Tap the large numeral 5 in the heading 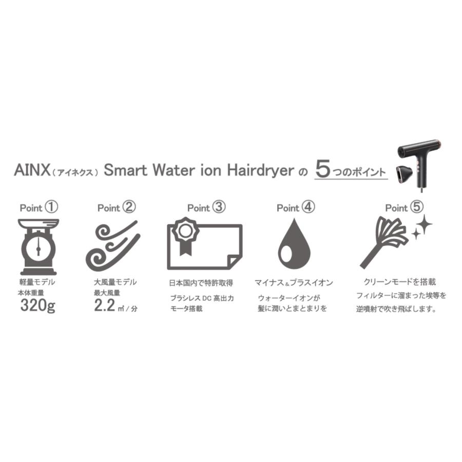point(322,169)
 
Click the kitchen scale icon point(38,246)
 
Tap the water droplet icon point(294,244)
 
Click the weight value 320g point(38,306)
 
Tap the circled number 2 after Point point(129,207)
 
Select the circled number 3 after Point point(219,207)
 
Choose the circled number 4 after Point point(308,207)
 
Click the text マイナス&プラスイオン point(294,283)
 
